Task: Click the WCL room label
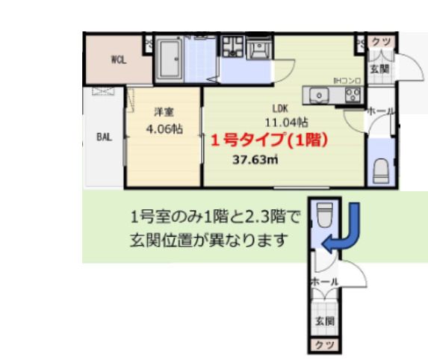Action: click(119, 60)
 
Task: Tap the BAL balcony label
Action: click(104, 137)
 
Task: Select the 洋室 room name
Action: click(164, 113)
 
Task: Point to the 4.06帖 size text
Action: click(164, 128)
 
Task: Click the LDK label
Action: click(280, 107)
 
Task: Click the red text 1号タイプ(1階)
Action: click(269, 140)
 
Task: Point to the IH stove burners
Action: click(351, 94)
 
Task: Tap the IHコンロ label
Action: click(347, 80)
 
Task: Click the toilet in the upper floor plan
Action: click(381, 169)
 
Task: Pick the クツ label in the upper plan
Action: click(379, 41)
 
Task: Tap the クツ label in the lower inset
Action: click(324, 344)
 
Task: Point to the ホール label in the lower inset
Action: click(324, 282)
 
